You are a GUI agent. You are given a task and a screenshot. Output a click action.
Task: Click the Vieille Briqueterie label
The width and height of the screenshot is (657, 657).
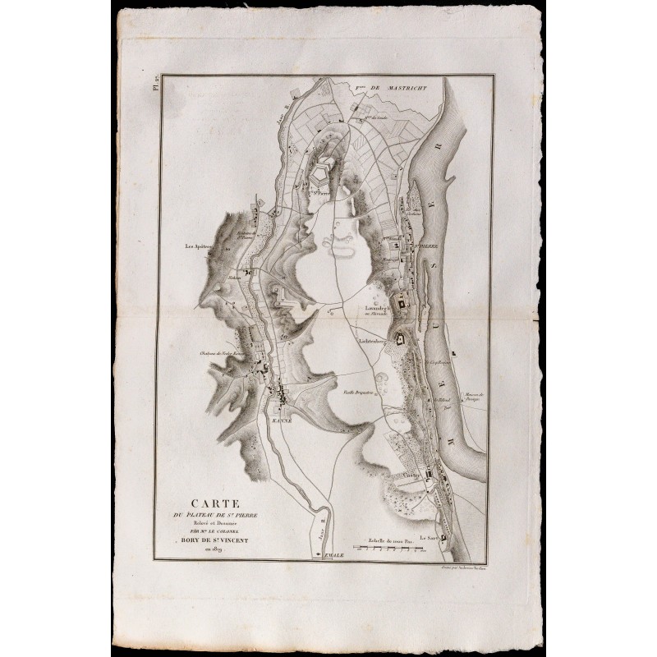coord(359,391)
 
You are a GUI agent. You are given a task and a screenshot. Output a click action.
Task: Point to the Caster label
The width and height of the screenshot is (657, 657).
coord(411,474)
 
